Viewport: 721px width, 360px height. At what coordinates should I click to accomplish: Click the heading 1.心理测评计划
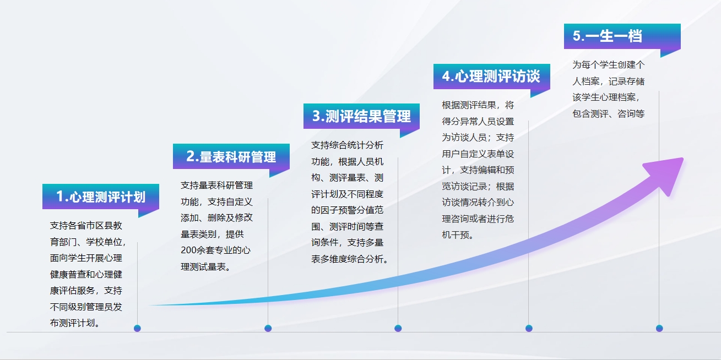tap(101, 197)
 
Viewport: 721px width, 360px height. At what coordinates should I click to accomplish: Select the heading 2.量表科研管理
tap(231, 157)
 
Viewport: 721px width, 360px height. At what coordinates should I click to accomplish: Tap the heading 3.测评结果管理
tap(361, 116)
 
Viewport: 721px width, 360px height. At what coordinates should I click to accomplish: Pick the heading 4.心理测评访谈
tap(491, 77)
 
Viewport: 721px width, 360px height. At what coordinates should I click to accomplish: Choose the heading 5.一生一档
tap(608, 36)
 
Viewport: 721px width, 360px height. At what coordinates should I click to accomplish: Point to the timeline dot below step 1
tap(138, 328)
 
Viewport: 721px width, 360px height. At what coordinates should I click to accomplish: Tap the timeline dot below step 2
tap(268, 328)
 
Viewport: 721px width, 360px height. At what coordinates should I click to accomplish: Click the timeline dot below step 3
tap(398, 328)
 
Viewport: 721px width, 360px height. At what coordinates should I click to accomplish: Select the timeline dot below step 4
tap(529, 328)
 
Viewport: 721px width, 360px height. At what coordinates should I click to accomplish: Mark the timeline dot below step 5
tap(659, 328)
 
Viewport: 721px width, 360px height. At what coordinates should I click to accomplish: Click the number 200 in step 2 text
tap(188, 250)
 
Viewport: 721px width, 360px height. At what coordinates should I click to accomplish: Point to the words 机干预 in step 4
tap(455, 235)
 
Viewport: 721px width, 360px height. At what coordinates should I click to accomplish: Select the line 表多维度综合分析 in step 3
tap(348, 259)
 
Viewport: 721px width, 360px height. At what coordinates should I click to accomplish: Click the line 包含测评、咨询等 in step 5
tap(608, 113)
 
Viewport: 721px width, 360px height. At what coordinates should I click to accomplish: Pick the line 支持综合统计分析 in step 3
tap(348, 145)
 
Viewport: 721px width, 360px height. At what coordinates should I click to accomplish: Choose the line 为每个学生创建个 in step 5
tap(608, 64)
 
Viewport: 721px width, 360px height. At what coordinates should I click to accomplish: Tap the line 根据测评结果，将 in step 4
tap(478, 105)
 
